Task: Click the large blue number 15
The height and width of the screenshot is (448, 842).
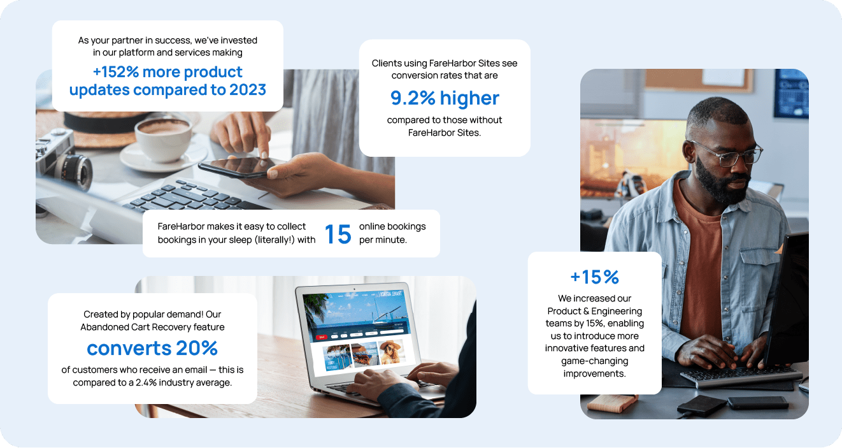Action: [x=338, y=234]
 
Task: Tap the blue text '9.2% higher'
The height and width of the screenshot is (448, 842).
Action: [x=445, y=98]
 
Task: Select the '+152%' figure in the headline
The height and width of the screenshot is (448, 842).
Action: [x=116, y=71]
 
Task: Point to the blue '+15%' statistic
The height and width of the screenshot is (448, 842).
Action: [x=594, y=277]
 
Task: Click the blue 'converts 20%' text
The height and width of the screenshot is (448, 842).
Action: [x=152, y=348]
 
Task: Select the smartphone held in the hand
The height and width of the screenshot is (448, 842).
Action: [x=240, y=168]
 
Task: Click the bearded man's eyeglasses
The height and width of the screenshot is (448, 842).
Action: [x=729, y=153]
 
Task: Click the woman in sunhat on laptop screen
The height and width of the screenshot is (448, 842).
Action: [x=391, y=352]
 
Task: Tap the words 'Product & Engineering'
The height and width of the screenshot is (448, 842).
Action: [x=594, y=311]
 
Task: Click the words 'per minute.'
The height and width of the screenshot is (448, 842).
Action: [x=383, y=240]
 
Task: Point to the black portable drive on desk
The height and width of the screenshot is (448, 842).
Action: [x=702, y=405]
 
